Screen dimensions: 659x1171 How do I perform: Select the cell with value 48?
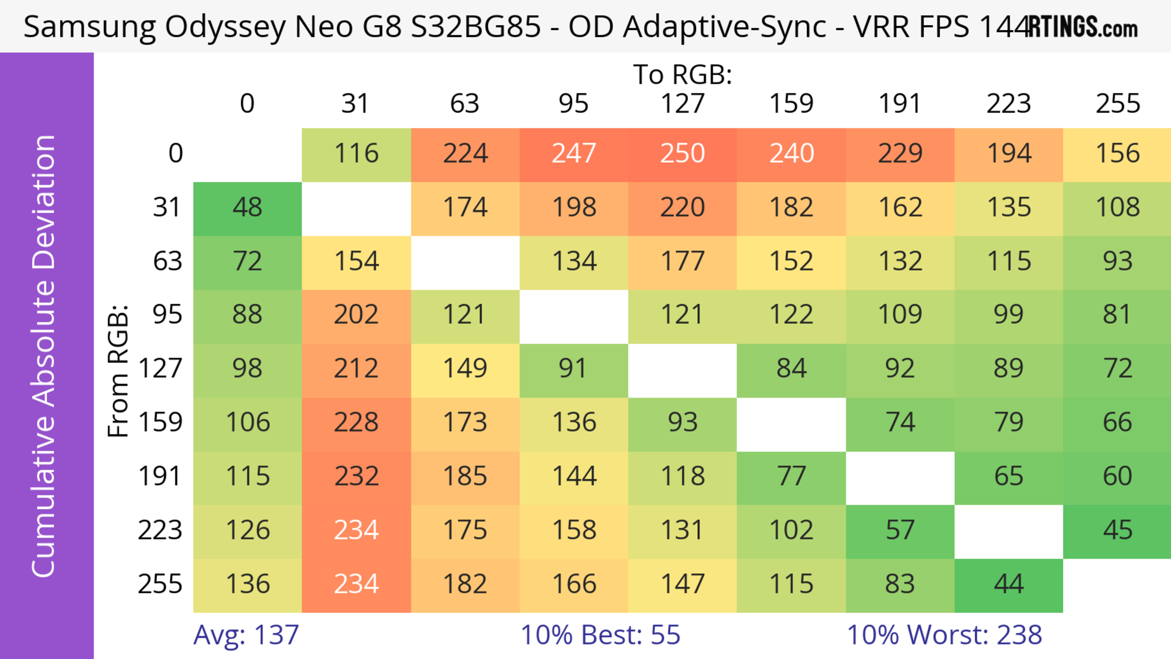click(x=247, y=208)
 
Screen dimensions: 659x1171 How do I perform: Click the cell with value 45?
click(x=1117, y=530)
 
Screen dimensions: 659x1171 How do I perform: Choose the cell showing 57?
click(x=900, y=530)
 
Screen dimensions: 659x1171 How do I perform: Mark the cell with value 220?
click(x=682, y=208)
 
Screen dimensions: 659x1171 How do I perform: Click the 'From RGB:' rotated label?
click(x=118, y=371)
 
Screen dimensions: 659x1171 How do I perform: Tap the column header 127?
click(x=682, y=104)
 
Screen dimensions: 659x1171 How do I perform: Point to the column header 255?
click(x=1117, y=104)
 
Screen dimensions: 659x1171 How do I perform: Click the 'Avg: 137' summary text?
click(x=246, y=635)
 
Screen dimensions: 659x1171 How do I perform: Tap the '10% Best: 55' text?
click(x=600, y=635)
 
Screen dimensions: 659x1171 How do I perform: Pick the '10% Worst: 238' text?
click(x=944, y=635)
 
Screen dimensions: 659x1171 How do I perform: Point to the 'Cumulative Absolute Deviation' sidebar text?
click(x=44, y=356)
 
